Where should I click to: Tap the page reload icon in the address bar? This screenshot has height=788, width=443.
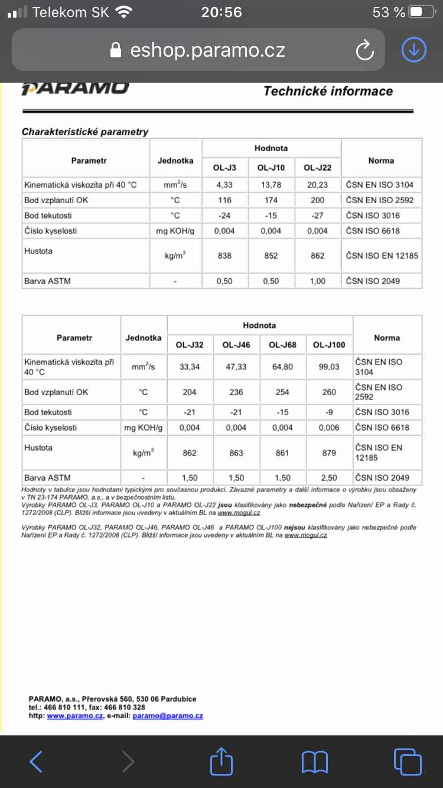point(365,50)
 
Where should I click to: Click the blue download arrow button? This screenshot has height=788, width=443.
point(413,50)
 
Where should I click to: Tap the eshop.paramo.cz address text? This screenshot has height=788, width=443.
point(207,50)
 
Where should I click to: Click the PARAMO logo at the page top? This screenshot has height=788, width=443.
point(75,89)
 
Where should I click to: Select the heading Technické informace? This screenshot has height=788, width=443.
point(328,91)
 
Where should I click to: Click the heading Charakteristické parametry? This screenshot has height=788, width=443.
point(85,132)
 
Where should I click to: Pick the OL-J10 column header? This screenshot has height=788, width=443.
point(271,168)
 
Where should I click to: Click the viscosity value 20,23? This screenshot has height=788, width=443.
point(318,185)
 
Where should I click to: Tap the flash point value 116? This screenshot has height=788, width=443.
point(224,200)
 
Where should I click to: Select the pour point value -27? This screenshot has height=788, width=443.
point(318,216)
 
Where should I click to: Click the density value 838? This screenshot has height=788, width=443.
point(224,256)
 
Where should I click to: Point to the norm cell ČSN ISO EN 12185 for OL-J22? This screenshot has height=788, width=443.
point(382,256)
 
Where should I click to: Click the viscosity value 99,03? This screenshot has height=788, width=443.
point(329,367)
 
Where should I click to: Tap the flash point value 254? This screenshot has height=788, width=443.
point(282,392)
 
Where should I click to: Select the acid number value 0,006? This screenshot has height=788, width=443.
point(329,428)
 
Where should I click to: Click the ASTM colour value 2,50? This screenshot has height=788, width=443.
point(329,478)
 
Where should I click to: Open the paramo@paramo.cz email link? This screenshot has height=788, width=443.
point(168,715)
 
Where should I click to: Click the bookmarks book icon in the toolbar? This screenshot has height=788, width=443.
point(314,762)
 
